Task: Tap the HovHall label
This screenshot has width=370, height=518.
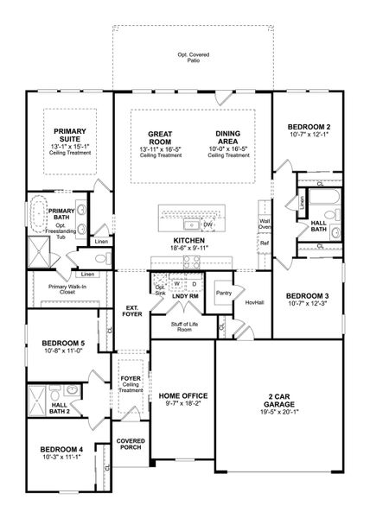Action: click(x=253, y=303)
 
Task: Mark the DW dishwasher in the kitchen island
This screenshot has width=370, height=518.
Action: click(x=207, y=224)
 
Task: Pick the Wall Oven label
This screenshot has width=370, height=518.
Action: click(x=265, y=224)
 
